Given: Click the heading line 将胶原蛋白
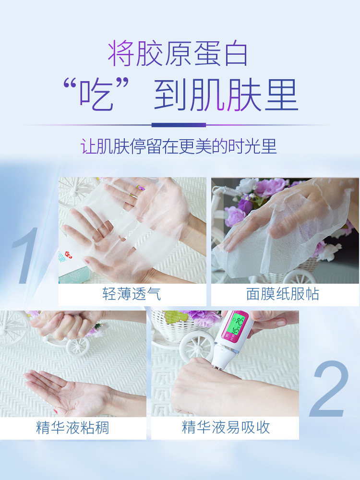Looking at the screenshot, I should pyautogui.click(x=178, y=54).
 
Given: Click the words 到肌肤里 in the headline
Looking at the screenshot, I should pyautogui.click(x=226, y=96).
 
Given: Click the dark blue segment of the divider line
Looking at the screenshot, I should pyautogui.click(x=179, y=125).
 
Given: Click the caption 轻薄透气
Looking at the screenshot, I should pyautogui.click(x=132, y=294).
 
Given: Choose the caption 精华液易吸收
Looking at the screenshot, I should pyautogui.click(x=226, y=427).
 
